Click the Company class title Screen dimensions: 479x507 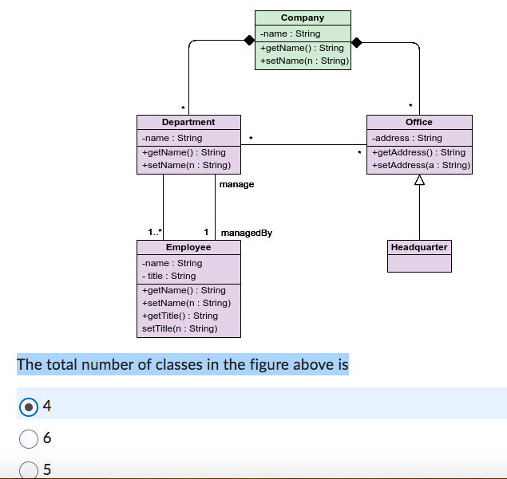[x=303, y=18]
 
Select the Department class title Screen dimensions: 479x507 [x=188, y=122]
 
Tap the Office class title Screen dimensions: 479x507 [x=419, y=122]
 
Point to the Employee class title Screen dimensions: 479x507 [x=188, y=247]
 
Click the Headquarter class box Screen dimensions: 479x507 [x=419, y=256]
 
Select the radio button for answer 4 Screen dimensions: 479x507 [x=28, y=406]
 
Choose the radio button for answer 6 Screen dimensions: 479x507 [x=28, y=438]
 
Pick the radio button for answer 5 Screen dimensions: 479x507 [x=28, y=469]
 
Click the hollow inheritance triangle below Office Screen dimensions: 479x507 [x=419, y=181]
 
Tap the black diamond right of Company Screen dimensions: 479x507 [x=357, y=41]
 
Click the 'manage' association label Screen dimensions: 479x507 [x=236, y=184]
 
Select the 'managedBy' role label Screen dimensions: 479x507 [x=246, y=233]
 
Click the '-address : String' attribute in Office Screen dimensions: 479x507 [x=407, y=138]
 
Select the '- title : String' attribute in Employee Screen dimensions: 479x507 [x=168, y=276]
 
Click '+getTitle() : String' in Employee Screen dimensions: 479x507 [x=180, y=316]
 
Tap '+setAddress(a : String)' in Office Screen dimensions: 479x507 [x=421, y=165]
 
